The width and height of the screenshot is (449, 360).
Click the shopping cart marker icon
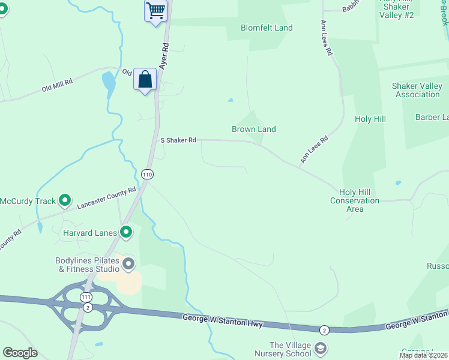point(155,11)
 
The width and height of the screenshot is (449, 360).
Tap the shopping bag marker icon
point(145,79)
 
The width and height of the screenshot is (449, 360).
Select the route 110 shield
point(147,174)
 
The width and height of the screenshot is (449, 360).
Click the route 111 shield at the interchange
point(87,298)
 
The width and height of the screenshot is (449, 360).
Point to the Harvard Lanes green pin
point(126,232)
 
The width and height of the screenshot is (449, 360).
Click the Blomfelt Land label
point(267,28)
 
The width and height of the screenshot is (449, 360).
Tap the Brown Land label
point(254,129)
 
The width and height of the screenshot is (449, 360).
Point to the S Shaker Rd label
point(178,140)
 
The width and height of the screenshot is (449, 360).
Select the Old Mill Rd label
point(57,84)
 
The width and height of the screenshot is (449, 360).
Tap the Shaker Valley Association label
point(417,90)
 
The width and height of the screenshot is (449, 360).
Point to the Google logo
point(20,353)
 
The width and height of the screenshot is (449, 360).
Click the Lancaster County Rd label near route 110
point(107,198)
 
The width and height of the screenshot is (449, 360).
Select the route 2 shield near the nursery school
point(324,330)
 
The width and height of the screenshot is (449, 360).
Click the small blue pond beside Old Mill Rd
point(109,84)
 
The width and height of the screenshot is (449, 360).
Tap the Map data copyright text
point(424,355)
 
